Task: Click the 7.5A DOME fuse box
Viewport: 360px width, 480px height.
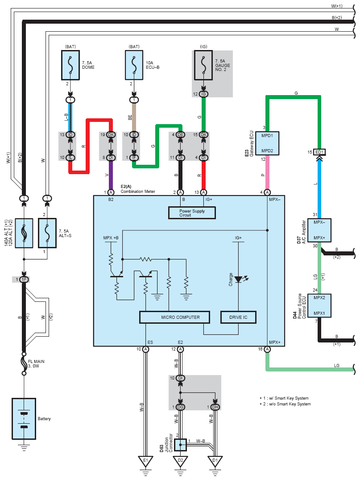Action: [70, 65]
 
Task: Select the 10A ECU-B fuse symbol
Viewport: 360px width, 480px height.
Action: [134, 65]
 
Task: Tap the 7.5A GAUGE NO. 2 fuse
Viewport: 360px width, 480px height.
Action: [203, 65]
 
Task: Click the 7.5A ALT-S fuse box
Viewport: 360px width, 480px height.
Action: [47, 233]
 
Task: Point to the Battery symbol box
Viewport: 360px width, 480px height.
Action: [24, 419]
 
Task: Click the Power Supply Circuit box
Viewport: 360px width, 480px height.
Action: [192, 213]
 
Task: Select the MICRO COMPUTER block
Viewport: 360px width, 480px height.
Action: [175, 317]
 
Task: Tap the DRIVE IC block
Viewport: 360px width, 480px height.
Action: [238, 317]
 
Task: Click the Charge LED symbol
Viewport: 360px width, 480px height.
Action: [239, 279]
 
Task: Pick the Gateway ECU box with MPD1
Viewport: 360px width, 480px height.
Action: [267, 143]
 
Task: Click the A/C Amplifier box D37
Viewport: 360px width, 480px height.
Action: [319, 230]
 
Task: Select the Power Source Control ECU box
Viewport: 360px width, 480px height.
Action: [319, 305]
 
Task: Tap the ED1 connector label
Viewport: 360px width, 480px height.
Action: [319, 152]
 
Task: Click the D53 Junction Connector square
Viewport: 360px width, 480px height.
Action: [181, 445]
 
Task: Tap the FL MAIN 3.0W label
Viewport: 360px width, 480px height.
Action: [36, 363]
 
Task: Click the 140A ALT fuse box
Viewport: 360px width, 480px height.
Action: [24, 233]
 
